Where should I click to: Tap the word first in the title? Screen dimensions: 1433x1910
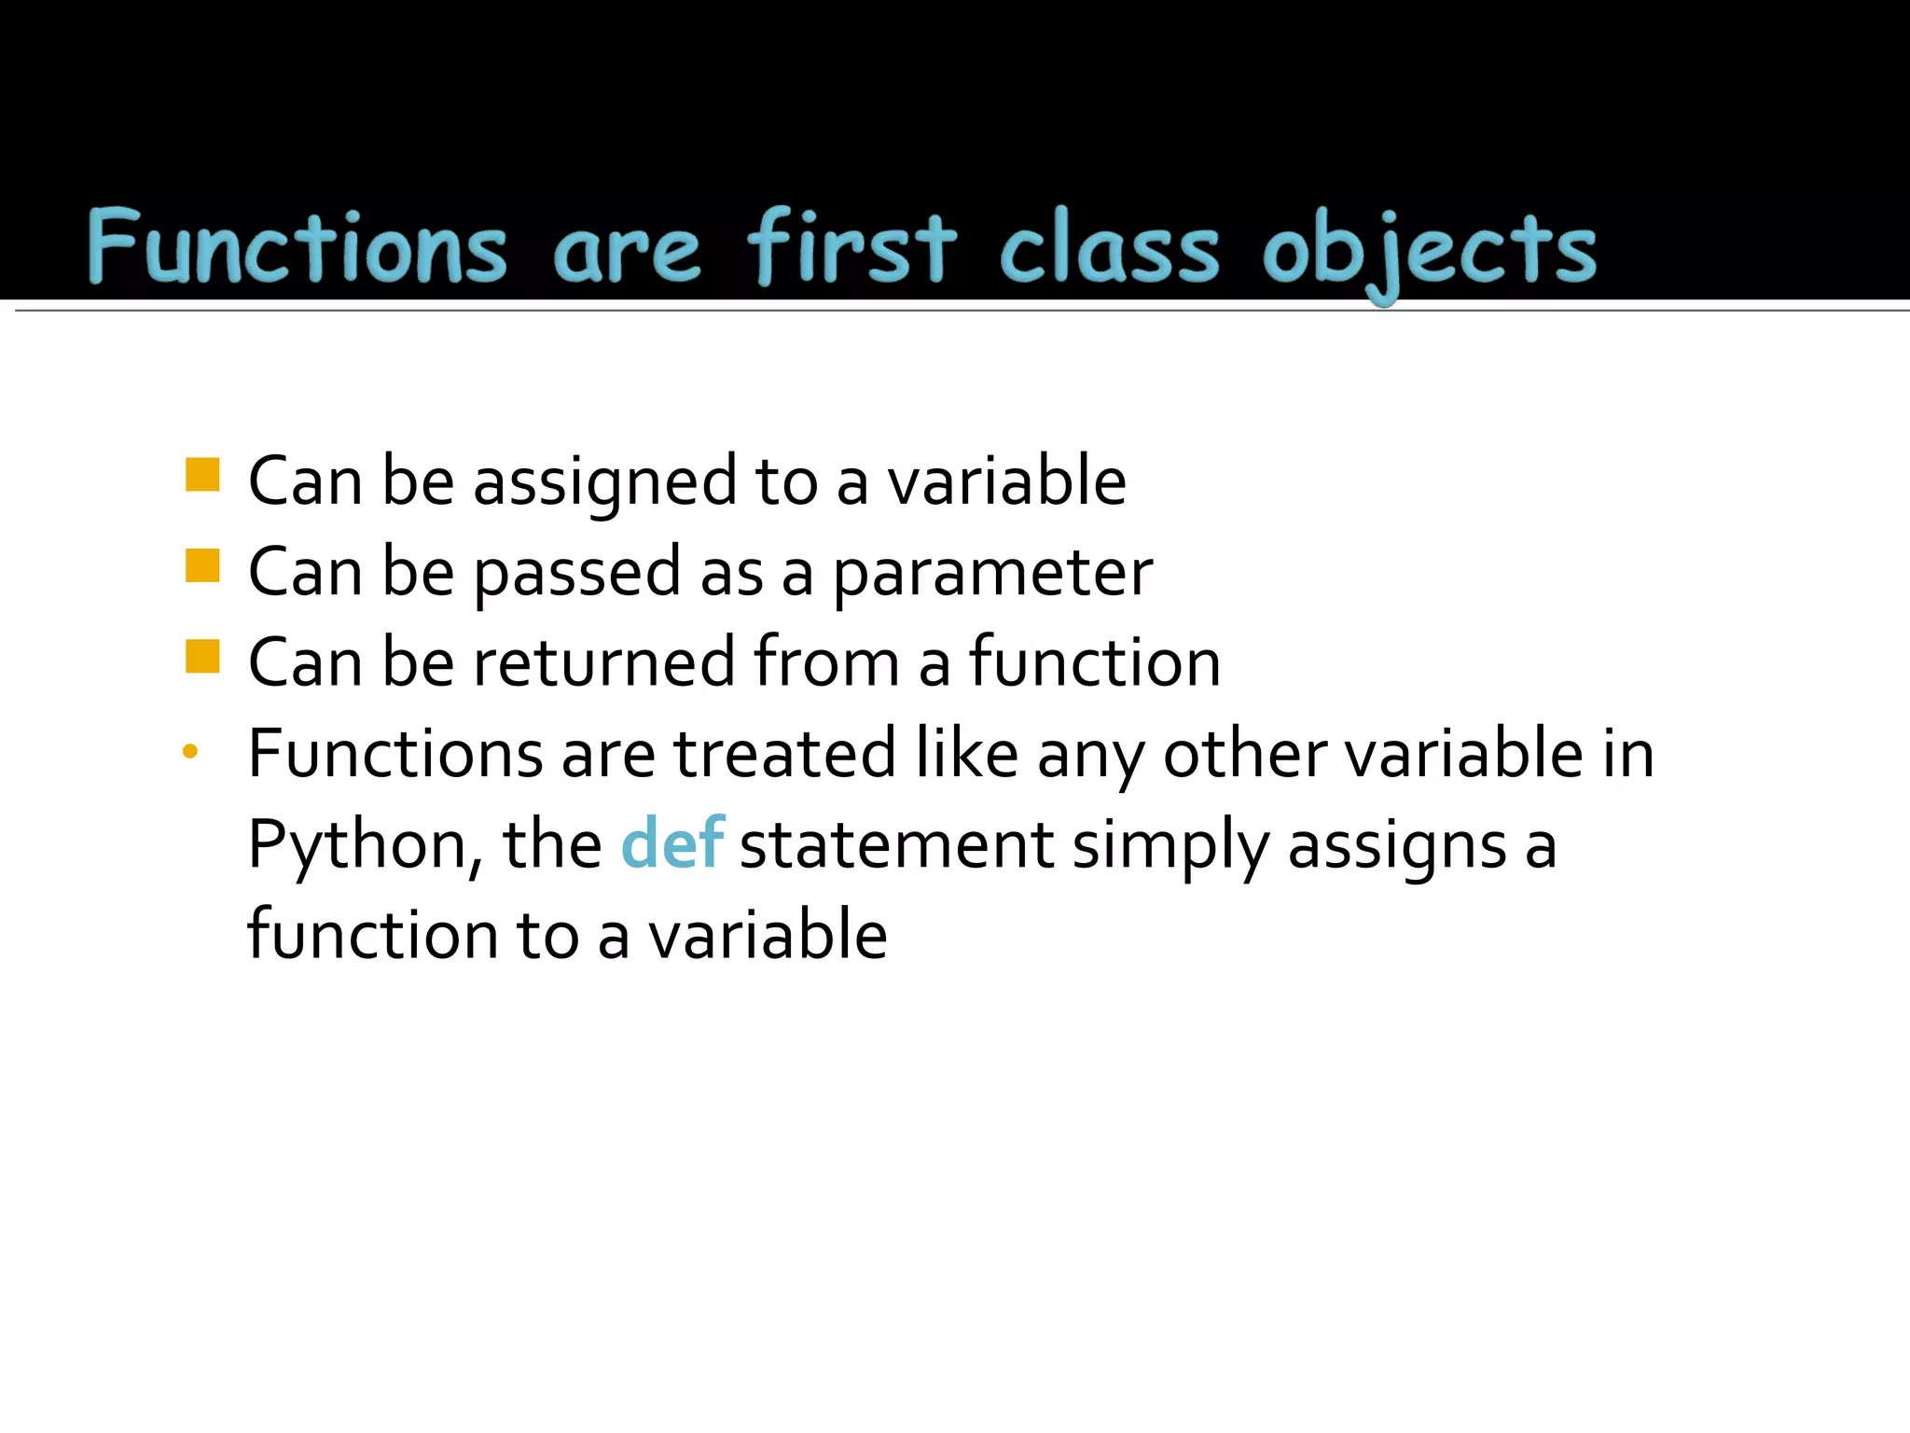[851, 247]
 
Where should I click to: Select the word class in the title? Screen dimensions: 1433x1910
[1109, 247]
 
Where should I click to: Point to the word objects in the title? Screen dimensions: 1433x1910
[1429, 250]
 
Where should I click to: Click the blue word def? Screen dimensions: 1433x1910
[671, 843]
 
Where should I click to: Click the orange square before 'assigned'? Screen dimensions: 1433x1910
[202, 475]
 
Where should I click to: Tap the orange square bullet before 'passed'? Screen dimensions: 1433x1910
[202, 565]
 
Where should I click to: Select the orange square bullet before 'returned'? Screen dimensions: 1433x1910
[202, 656]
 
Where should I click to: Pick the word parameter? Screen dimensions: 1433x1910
[992, 574]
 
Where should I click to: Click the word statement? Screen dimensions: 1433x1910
[896, 845]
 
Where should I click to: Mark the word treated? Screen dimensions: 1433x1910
[784, 754]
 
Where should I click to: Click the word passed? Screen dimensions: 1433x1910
[577, 574]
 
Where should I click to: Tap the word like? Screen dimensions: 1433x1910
[966, 754]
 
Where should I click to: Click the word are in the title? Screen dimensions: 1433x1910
[626, 252]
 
